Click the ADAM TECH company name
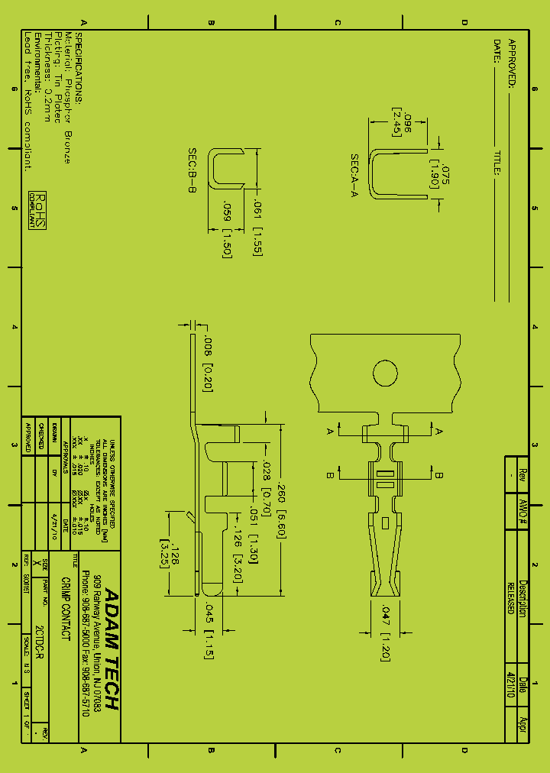112,649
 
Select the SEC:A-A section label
354,176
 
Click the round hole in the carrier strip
385,374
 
